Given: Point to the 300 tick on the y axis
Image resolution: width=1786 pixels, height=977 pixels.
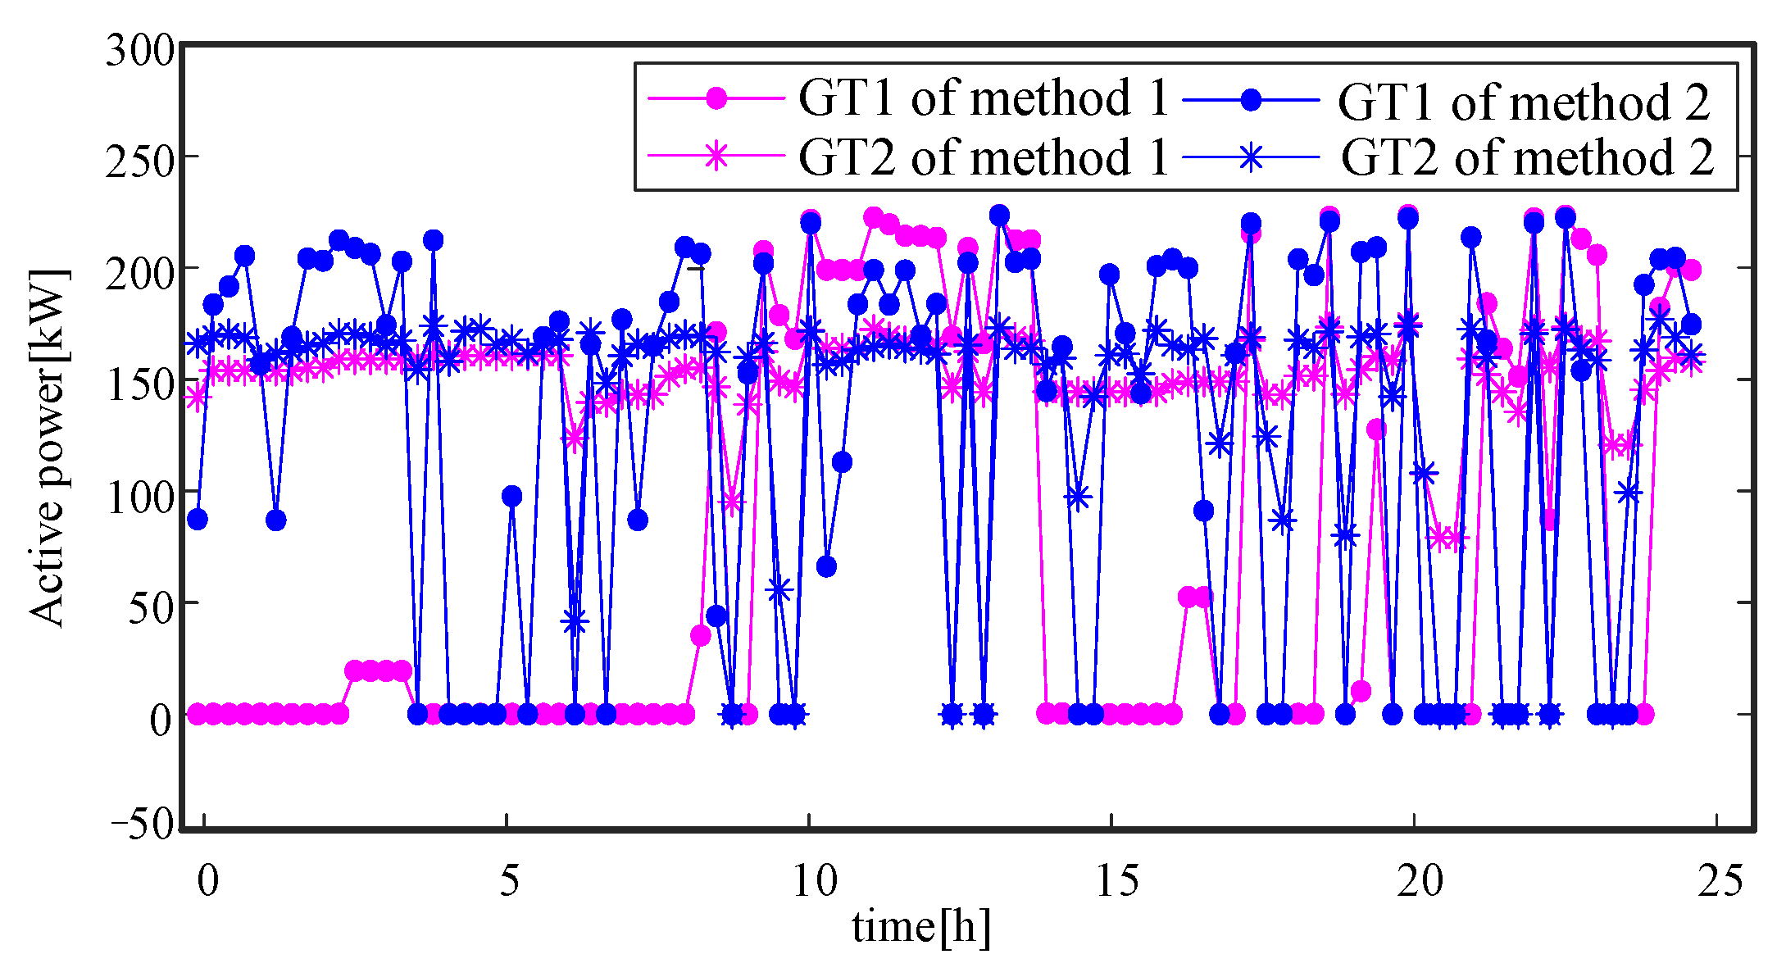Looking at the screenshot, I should (140, 52).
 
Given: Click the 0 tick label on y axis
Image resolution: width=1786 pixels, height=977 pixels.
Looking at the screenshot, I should (161, 720).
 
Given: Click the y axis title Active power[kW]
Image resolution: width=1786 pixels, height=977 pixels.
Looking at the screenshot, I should (48, 447).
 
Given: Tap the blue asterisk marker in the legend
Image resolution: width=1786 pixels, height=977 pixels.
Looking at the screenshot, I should (1251, 157).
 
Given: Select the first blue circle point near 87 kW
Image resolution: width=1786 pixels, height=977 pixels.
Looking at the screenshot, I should (198, 519).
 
